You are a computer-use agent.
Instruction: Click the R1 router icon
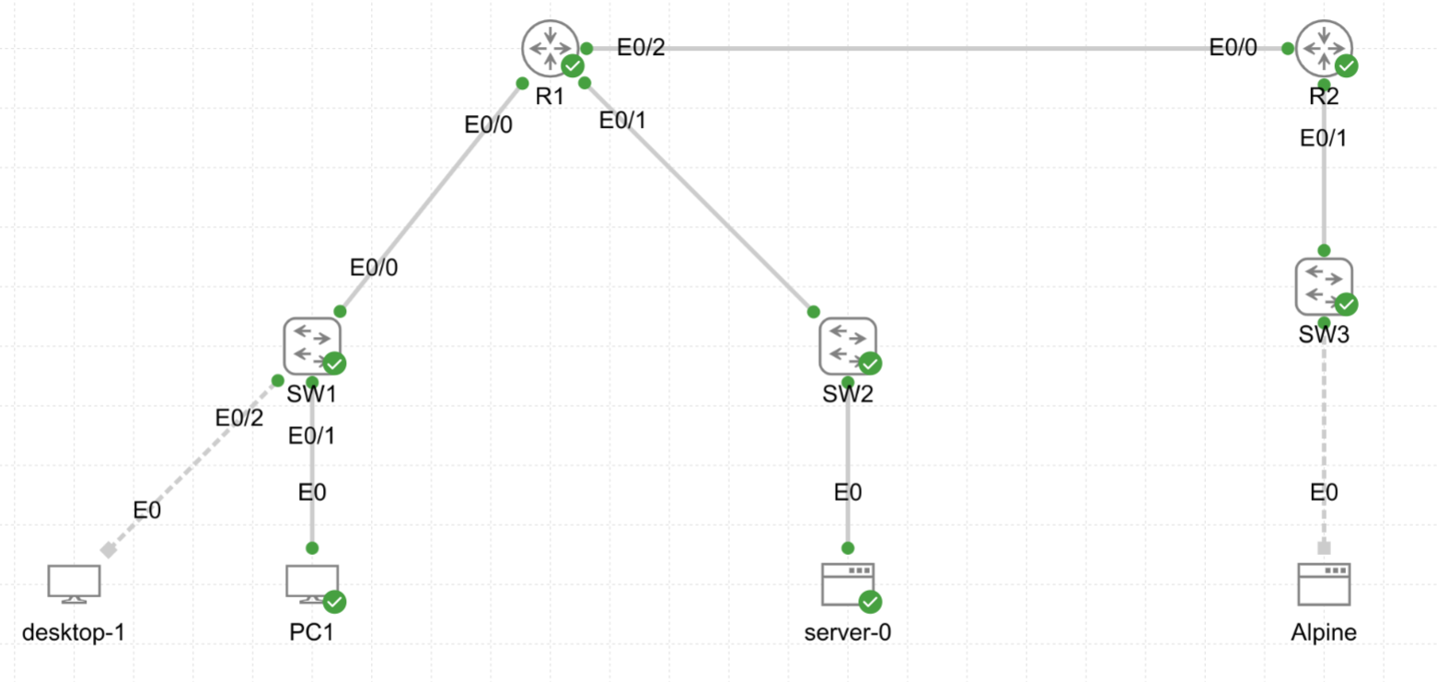click(550, 47)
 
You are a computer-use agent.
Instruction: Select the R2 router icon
click(1324, 47)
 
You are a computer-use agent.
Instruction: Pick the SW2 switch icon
click(847, 345)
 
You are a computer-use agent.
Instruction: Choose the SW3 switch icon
click(1324, 285)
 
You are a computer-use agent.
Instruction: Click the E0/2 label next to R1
click(641, 48)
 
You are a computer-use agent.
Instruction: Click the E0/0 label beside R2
click(1233, 48)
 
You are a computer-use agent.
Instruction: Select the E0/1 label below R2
click(1324, 138)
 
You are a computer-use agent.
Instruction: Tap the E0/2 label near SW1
click(239, 418)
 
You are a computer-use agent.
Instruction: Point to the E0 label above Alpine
click(1324, 493)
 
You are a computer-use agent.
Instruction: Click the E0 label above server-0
click(847, 493)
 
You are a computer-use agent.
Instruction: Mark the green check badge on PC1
click(335, 602)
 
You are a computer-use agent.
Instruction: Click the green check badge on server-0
click(870, 602)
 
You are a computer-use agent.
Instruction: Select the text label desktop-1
click(74, 633)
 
